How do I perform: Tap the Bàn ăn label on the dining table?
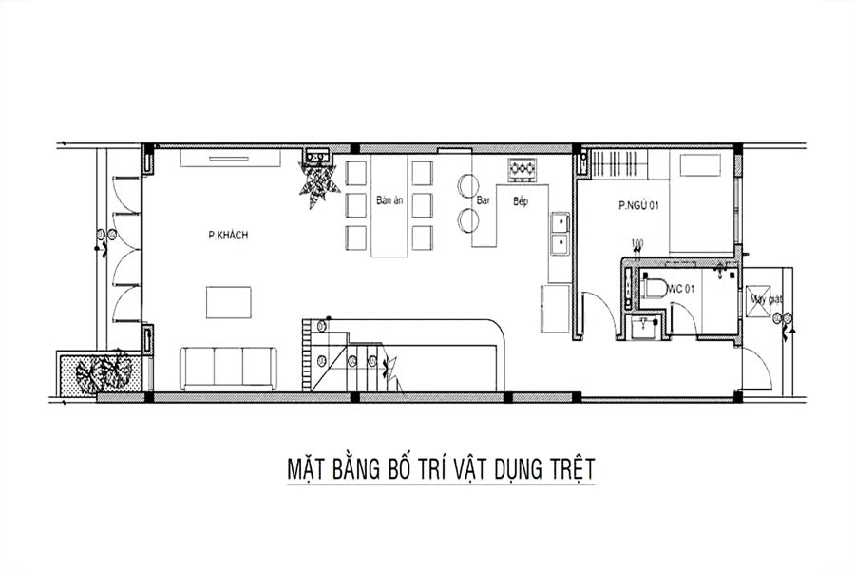coord(389,200)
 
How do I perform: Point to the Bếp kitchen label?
coord(520,201)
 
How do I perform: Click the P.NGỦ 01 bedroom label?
coord(637,205)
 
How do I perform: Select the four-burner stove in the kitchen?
coord(522,170)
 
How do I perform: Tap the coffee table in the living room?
coord(229,302)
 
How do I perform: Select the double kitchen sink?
coord(560,233)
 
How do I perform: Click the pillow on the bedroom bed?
coord(702,165)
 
